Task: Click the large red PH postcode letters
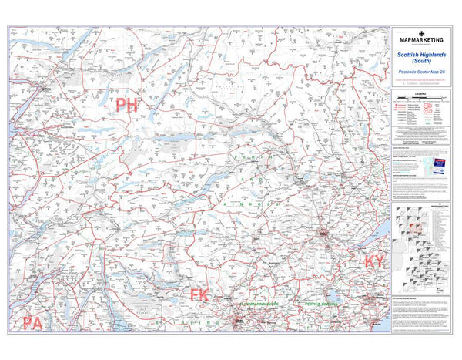click(x=126, y=106)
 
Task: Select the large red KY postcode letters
click(x=374, y=262)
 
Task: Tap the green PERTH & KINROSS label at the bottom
click(x=321, y=306)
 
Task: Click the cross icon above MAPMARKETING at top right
click(x=427, y=30)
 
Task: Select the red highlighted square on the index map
click(x=413, y=229)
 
